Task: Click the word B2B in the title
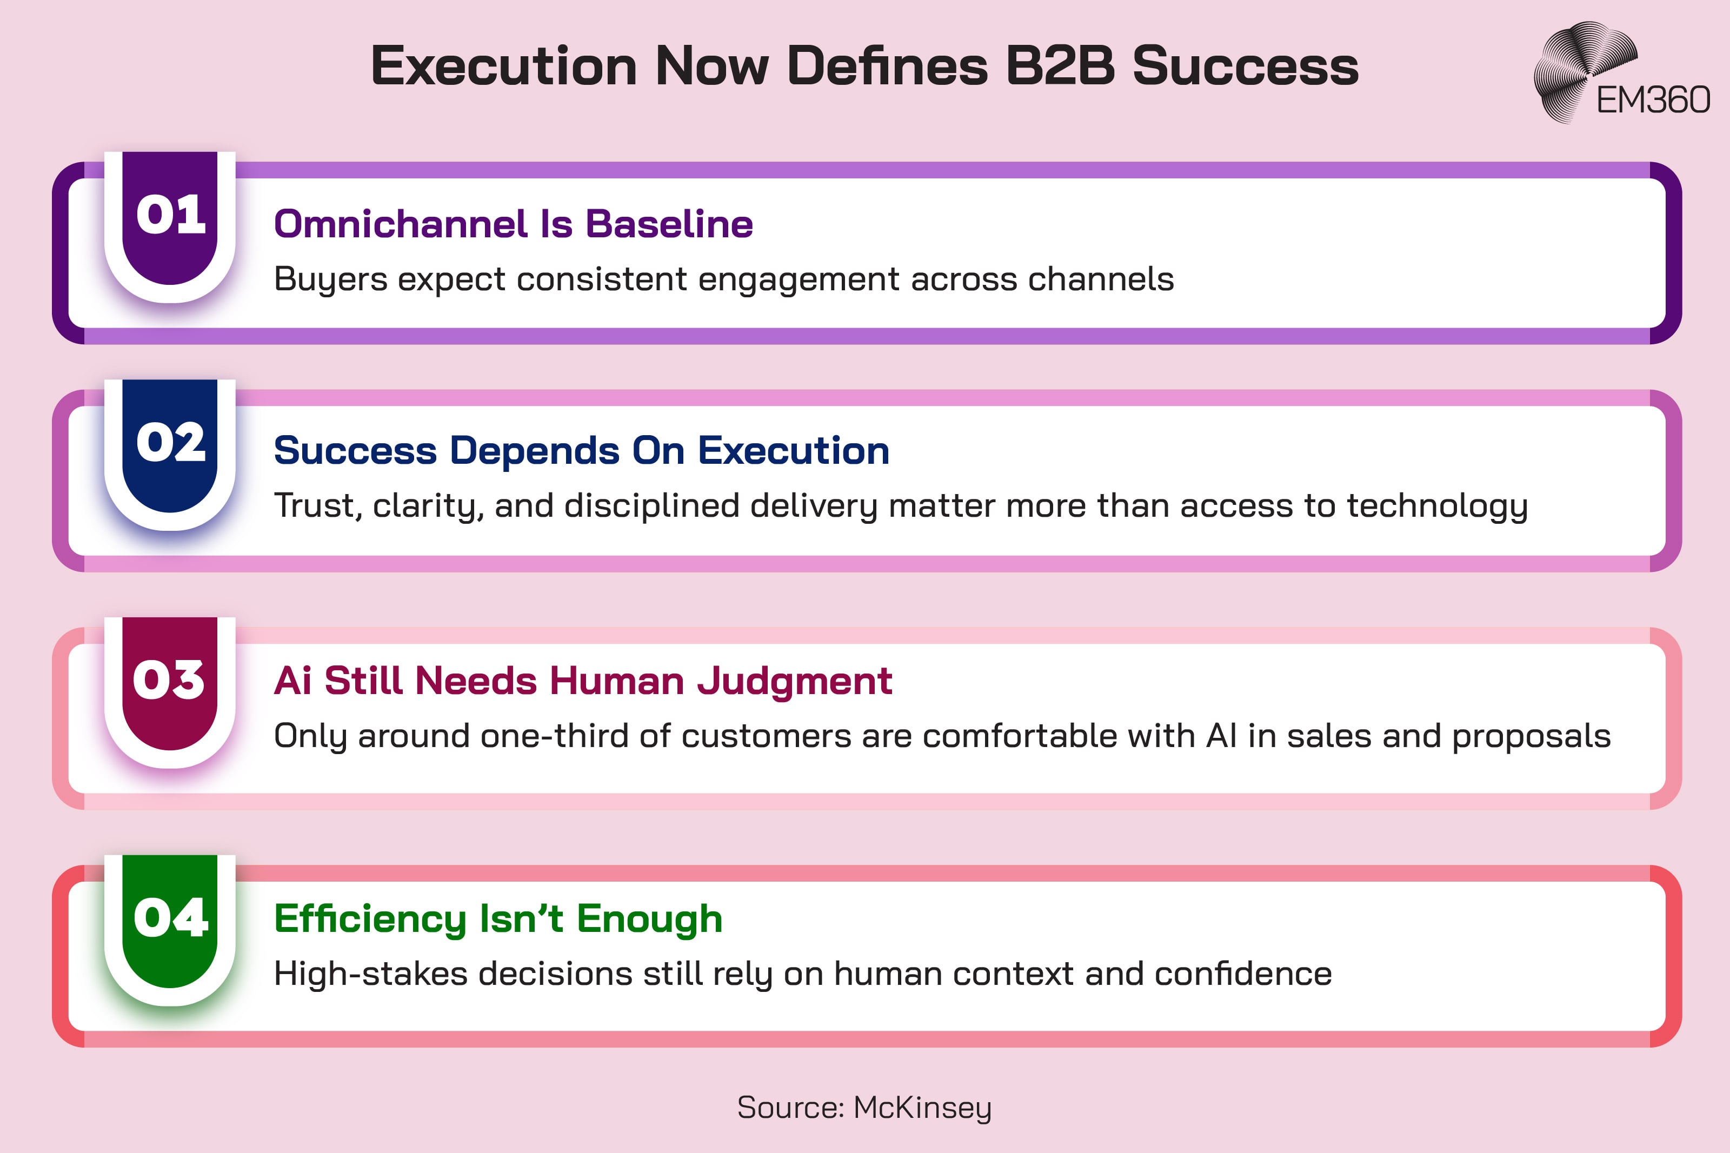pyautogui.click(x=1060, y=66)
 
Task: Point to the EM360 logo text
pyautogui.click(x=1653, y=100)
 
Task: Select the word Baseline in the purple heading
pyautogui.click(x=669, y=224)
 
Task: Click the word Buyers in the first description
pyautogui.click(x=330, y=279)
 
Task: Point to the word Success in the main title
pyautogui.click(x=1245, y=66)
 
